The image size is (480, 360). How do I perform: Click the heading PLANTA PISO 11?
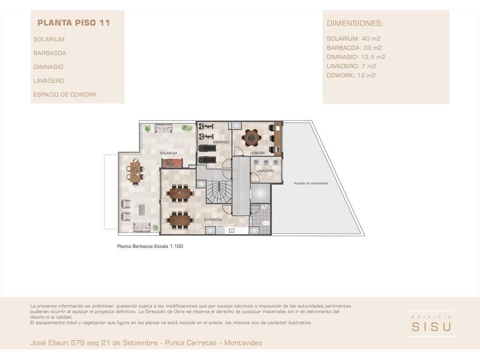pos(74,22)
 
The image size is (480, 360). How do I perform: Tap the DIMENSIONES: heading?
pos(355,23)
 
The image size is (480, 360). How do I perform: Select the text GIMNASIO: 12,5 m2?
pos(356,57)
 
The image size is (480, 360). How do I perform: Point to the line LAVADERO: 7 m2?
pos(351,66)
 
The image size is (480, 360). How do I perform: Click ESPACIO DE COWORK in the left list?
pos(65,95)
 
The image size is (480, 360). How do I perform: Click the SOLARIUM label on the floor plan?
pos(168,153)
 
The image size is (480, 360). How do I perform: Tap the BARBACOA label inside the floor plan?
pos(213,219)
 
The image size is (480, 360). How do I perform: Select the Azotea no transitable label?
pos(311,183)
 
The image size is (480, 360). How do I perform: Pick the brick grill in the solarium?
pos(172,163)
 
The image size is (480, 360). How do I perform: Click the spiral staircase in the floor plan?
pos(218,192)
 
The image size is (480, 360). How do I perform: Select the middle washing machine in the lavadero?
pos(266,162)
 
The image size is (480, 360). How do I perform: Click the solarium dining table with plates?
pos(135,172)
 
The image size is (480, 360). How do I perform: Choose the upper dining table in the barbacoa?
pos(180,193)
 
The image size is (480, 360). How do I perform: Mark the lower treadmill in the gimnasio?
pos(207,160)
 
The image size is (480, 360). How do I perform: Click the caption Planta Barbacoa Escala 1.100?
pos(150,246)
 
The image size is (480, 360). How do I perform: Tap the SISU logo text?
pos(431,327)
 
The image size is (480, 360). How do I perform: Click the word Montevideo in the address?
pos(243,343)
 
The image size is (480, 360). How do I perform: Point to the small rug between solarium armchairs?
pos(142,210)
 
